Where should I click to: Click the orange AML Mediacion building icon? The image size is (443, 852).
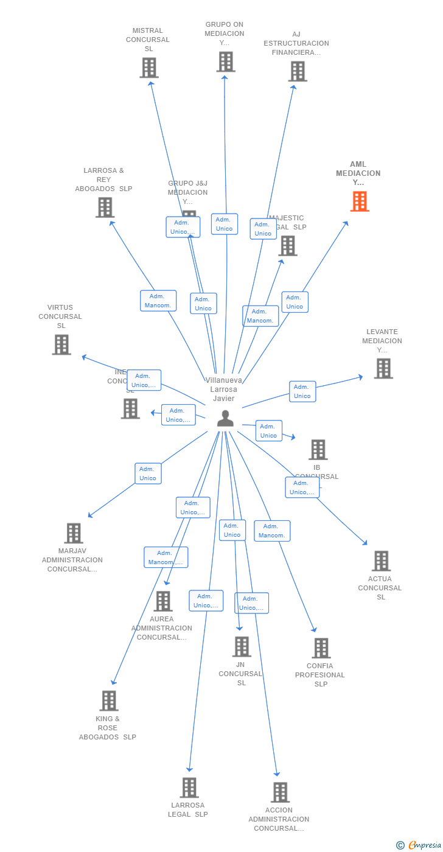click(360, 201)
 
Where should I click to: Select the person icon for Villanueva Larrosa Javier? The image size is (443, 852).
click(225, 419)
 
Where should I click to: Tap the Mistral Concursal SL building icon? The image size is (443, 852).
click(149, 68)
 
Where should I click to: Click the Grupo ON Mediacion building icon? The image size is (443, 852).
click(225, 61)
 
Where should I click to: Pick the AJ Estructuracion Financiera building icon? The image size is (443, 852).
click(297, 71)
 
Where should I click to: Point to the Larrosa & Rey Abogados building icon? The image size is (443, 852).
click(105, 208)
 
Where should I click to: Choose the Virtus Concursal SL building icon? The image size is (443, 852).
click(61, 344)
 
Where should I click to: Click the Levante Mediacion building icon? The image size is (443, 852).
click(383, 368)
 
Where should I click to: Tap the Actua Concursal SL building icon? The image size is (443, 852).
click(381, 560)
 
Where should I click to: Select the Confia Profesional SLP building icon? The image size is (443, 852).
click(321, 648)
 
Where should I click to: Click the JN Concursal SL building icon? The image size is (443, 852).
click(242, 646)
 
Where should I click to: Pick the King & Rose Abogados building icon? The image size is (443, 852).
click(109, 700)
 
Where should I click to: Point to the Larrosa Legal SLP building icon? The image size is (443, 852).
click(189, 787)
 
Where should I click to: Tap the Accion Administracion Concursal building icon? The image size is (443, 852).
click(280, 792)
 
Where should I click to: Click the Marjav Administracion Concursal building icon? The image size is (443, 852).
click(74, 533)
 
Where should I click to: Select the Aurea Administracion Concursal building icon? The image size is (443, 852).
click(162, 601)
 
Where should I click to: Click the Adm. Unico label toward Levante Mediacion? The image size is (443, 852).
click(302, 391)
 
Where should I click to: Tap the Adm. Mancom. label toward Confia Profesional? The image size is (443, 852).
click(271, 531)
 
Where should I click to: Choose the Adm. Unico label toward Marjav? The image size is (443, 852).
click(148, 473)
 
